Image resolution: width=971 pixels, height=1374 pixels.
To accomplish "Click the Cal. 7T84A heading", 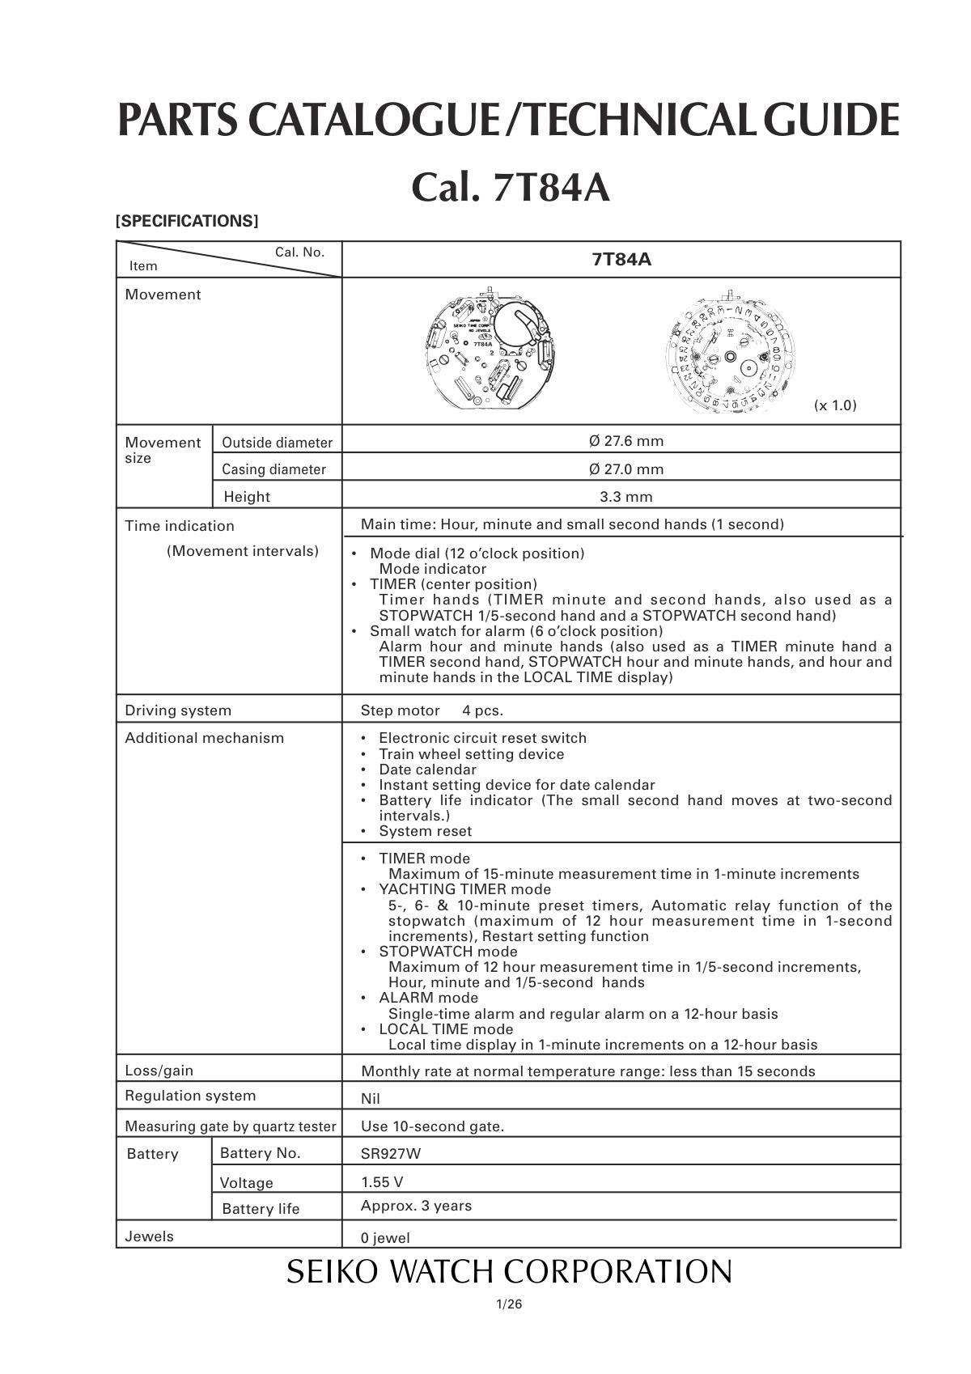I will click(x=510, y=189).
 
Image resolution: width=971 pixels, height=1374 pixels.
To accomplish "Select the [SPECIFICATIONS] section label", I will click(x=187, y=221).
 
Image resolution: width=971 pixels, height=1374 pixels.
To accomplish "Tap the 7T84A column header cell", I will click(x=621, y=260).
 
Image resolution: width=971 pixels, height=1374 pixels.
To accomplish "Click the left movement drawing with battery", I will click(x=494, y=350).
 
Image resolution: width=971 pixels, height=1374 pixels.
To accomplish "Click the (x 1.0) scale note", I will click(x=834, y=405).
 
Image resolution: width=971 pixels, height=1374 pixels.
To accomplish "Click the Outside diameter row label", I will click(x=277, y=443).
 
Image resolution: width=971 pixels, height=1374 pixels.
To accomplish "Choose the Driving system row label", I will click(x=178, y=710).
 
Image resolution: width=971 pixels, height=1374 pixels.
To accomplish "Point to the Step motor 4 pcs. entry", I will click(x=432, y=710).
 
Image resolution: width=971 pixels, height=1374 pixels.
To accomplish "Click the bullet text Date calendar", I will click(x=427, y=770).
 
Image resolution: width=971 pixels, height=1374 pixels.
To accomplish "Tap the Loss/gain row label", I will click(x=159, y=1071).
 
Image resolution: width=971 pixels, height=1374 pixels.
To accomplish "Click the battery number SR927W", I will click(x=391, y=1154).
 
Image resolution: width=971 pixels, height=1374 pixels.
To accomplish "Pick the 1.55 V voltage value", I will click(x=382, y=1182).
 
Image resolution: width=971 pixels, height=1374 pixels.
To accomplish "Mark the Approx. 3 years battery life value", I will click(x=416, y=1206).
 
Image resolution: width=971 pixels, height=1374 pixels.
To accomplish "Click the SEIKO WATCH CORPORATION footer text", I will click(x=509, y=1271).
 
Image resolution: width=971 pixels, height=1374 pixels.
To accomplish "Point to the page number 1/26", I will click(x=509, y=1304).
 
